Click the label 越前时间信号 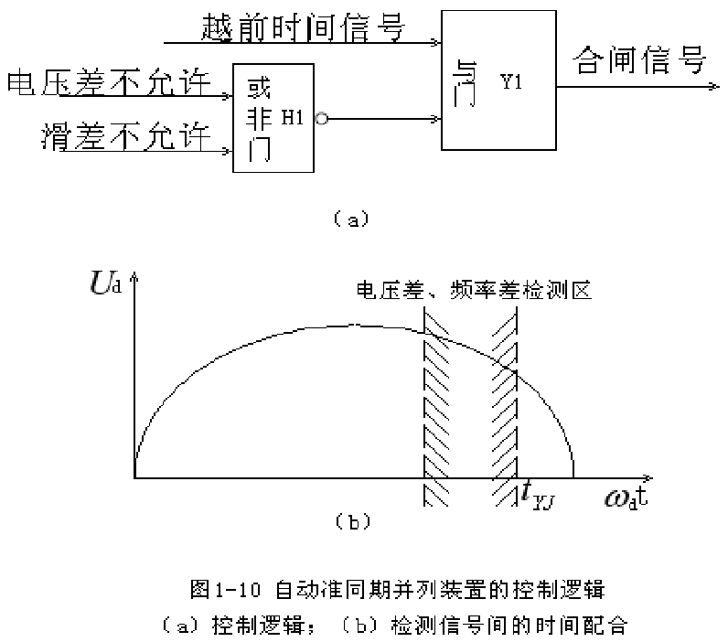(303, 27)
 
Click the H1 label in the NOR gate (292, 116)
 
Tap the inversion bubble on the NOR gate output (321, 118)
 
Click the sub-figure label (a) (351, 218)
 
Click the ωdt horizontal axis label (626, 498)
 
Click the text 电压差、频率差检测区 (476, 292)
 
